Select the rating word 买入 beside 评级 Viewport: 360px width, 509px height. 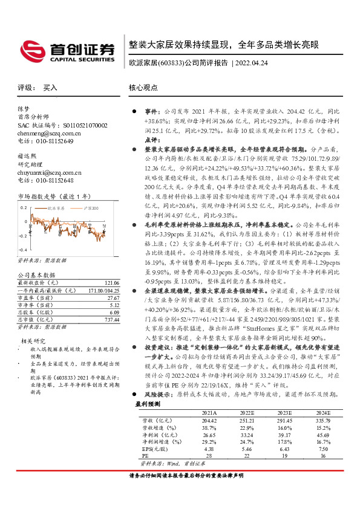pyautogui.click(x=50, y=88)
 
